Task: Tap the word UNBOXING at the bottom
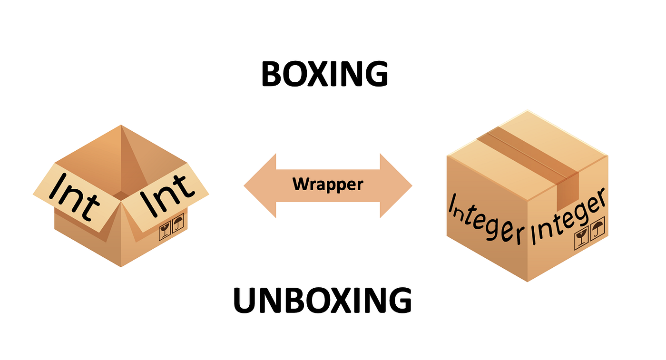pos(322,300)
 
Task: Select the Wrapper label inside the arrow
pos(328,184)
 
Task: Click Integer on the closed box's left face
pos(485,219)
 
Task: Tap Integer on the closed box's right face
pos(569,217)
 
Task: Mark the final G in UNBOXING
pos(398,300)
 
